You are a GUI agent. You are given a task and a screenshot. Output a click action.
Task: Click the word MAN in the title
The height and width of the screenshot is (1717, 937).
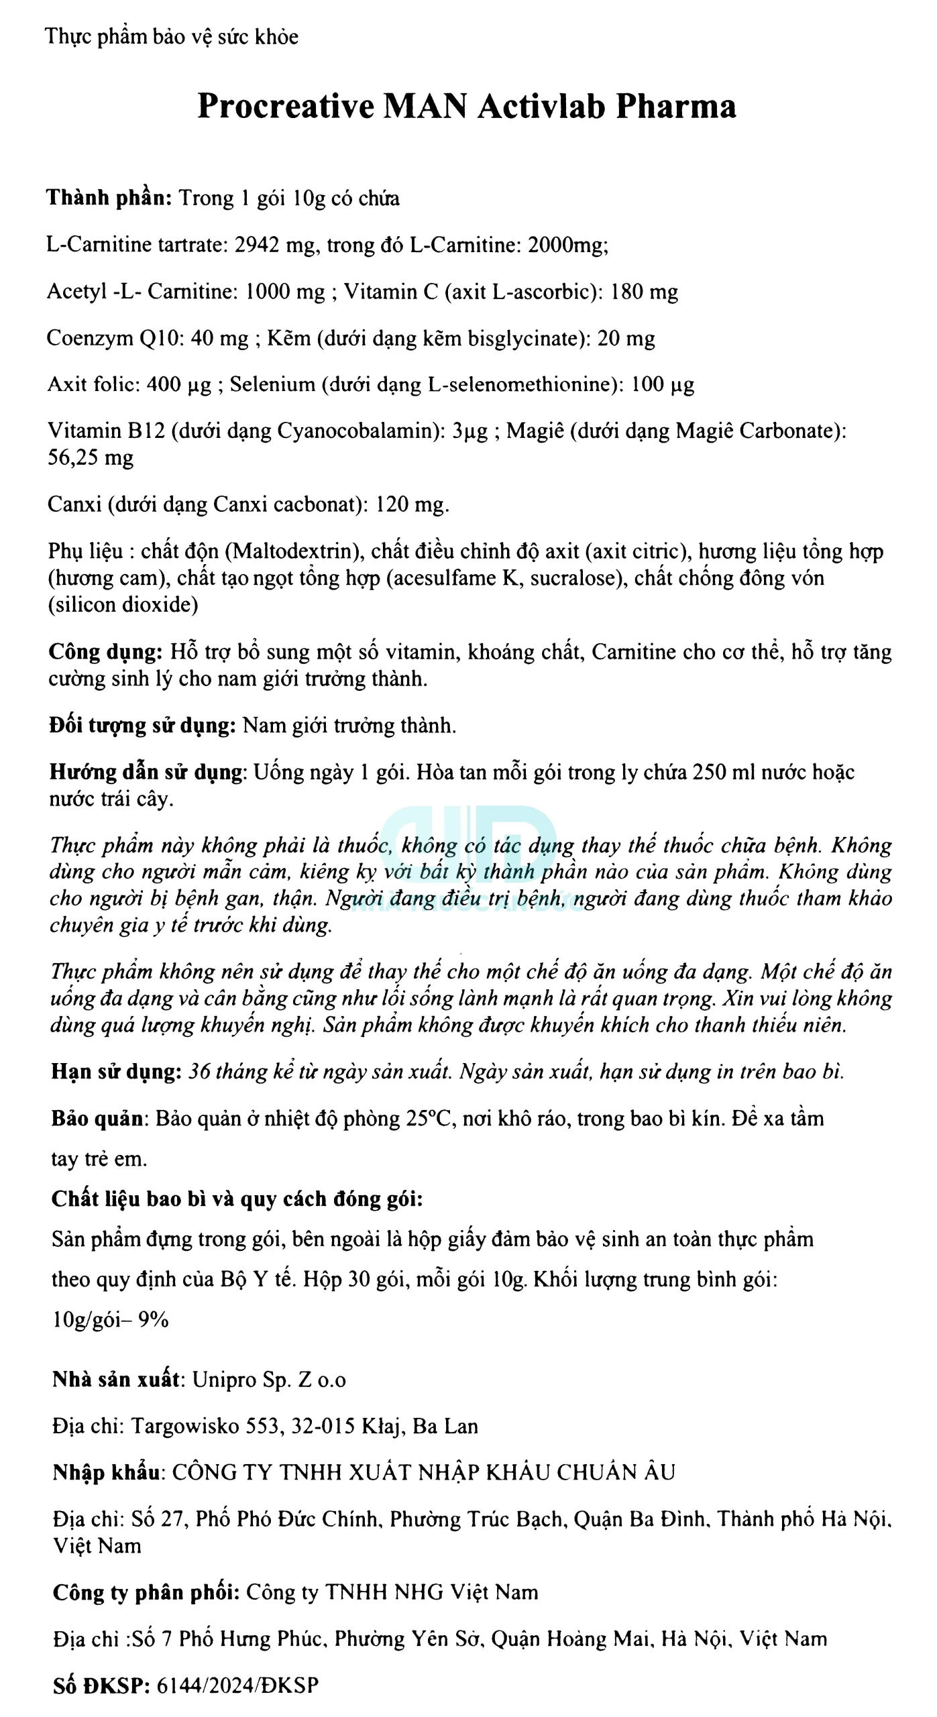pos(425,106)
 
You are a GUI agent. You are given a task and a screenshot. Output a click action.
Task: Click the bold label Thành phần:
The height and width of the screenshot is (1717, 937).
pos(109,198)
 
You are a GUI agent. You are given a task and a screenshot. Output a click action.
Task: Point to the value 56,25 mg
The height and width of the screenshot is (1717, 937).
pos(91,458)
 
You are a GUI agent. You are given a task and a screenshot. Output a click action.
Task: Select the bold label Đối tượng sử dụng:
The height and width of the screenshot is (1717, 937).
pos(142,726)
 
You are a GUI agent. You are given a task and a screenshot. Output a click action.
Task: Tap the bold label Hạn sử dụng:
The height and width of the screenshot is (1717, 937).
pos(116,1072)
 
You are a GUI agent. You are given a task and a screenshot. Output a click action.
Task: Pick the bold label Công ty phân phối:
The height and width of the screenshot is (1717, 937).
pos(146,1592)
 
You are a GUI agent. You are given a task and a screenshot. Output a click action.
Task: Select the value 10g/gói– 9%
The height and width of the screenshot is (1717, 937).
pos(111,1321)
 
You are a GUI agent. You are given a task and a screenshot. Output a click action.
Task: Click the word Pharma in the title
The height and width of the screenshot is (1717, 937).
pos(676,106)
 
